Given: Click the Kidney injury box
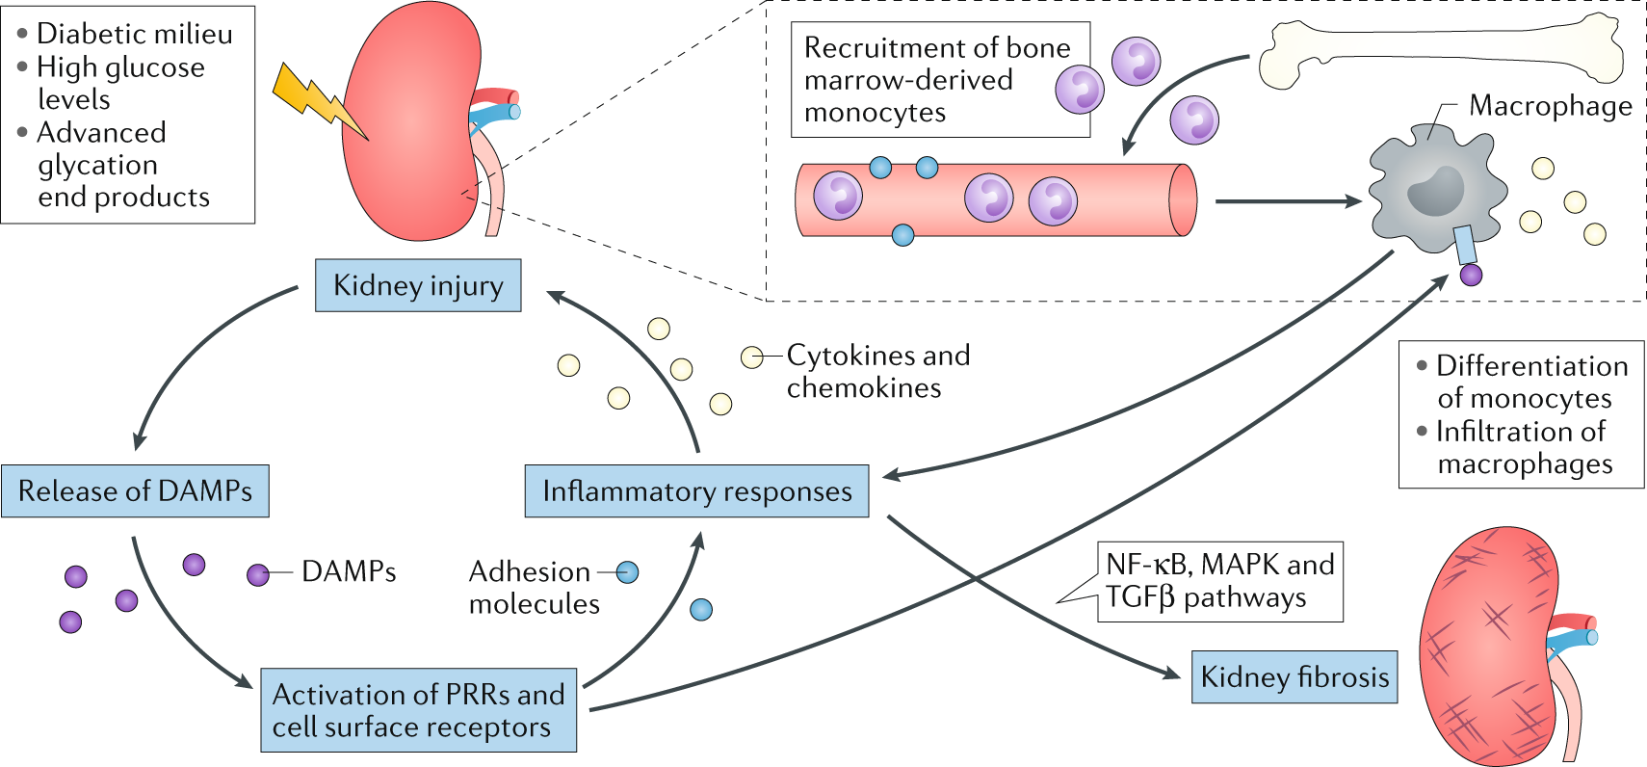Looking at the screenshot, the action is tap(418, 285).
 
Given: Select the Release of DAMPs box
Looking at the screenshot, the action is tap(135, 490).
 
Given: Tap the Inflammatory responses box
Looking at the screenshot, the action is tap(697, 490).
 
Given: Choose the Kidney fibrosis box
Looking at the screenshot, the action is tap(1294, 676).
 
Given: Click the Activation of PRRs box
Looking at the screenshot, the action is tap(418, 710).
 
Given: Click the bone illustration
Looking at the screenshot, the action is tap(1441, 51).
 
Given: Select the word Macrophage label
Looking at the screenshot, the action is tap(1551, 107).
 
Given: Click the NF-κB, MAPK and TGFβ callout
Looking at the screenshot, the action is tap(1220, 582).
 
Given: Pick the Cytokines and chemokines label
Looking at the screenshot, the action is tap(878, 371).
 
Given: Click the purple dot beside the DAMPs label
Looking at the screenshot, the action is tap(258, 575).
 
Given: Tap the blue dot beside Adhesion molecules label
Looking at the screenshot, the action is tap(627, 572).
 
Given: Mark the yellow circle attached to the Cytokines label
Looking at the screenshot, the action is tap(751, 357).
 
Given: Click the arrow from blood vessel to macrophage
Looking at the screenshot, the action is tap(1288, 200).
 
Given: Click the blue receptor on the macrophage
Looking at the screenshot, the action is tap(1465, 245).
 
